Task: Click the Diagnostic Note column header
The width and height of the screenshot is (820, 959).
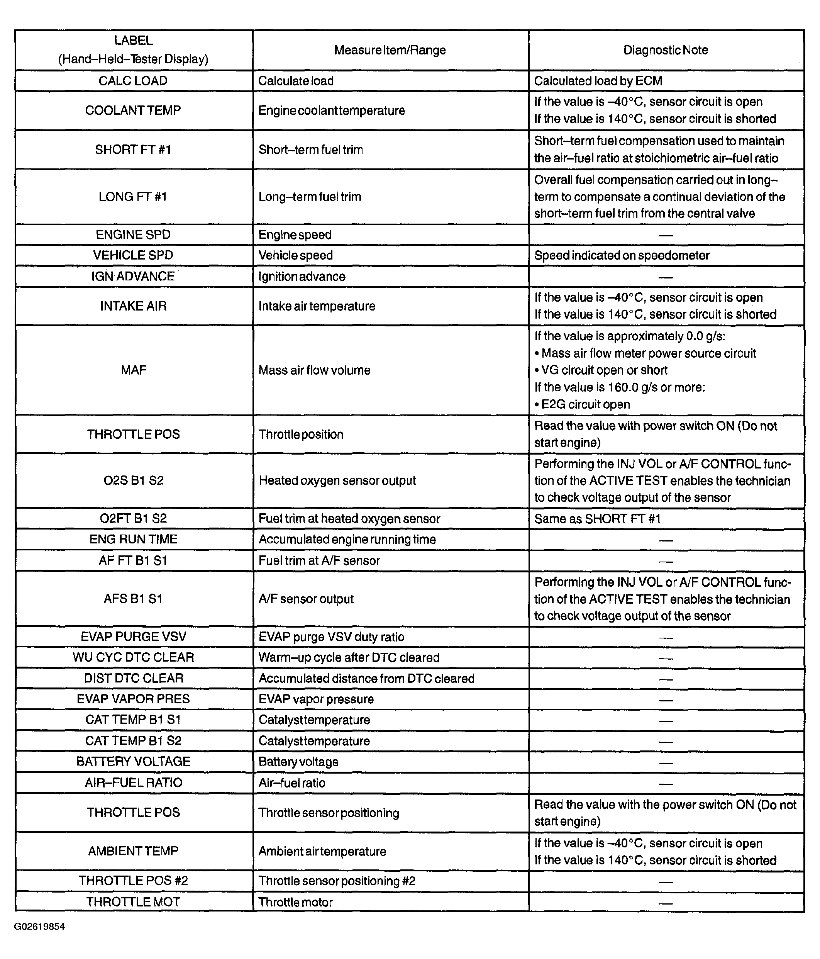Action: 666,50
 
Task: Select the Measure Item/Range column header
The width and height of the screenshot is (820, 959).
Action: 390,50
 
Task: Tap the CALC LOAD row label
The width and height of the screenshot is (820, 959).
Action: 133,81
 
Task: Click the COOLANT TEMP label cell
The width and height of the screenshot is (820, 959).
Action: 133,110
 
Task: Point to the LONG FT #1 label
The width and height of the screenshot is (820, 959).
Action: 133,197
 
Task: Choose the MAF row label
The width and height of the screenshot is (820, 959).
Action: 133,370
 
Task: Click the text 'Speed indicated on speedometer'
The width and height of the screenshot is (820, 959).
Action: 622,255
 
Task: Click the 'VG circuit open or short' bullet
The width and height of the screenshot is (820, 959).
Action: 601,370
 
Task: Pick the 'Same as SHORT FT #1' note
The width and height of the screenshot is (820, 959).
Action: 597,519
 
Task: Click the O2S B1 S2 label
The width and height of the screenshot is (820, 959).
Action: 133,480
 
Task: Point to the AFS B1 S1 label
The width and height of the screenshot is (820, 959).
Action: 133,599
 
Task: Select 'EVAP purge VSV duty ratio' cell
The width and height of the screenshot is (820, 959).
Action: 331,637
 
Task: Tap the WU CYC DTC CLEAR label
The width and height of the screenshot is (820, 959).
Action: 133,657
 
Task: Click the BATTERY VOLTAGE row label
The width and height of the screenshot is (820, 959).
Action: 133,761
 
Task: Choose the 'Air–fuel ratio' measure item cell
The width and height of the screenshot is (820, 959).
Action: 291,782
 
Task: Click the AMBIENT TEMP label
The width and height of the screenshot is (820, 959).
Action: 133,851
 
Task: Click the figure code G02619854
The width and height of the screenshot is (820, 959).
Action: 39,927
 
